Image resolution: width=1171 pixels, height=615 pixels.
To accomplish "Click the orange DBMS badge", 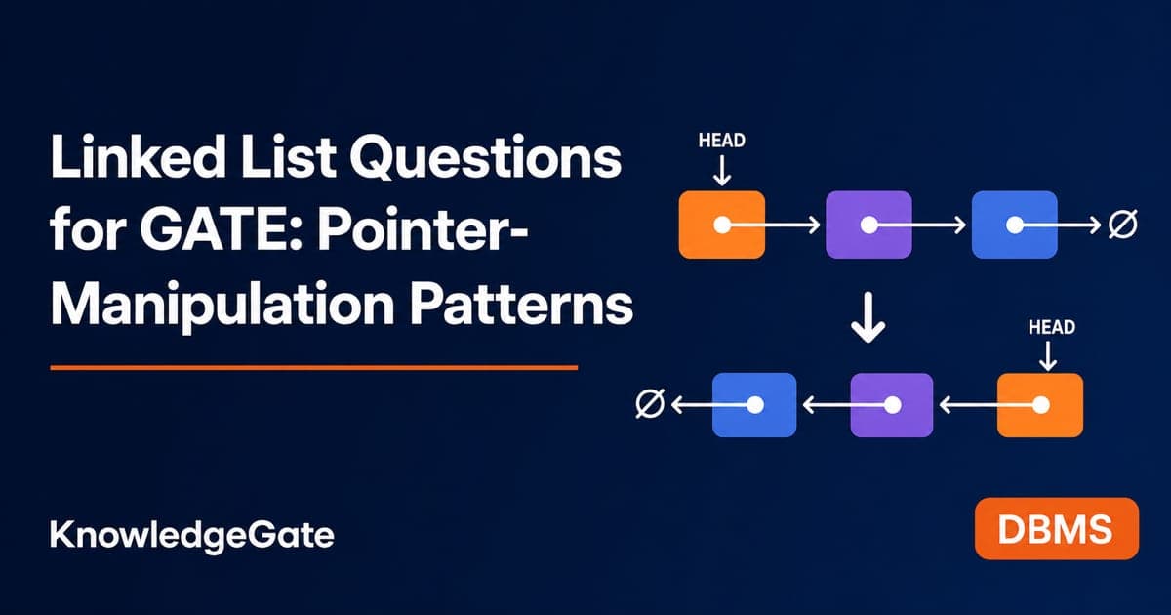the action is [x=1057, y=529].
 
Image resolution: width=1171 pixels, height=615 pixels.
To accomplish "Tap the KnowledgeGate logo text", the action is [x=192, y=536].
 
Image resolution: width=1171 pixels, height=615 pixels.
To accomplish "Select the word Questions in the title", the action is [x=486, y=158].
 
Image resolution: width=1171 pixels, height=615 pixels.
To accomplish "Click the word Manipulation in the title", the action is [x=222, y=305].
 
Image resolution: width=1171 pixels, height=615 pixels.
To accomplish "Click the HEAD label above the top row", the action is [x=722, y=141].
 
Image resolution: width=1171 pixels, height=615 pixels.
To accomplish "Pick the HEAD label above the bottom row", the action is [x=1052, y=327].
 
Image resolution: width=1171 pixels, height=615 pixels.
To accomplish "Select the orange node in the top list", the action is [x=722, y=225].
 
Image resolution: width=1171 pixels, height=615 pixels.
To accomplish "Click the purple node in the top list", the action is [x=868, y=225].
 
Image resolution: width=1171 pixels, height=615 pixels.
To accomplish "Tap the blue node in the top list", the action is [x=1015, y=225].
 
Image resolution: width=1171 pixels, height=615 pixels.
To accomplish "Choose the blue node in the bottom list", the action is [x=754, y=405].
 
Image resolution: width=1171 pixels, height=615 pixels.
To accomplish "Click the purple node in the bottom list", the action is [x=892, y=405].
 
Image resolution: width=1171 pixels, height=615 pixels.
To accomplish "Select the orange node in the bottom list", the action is [x=1040, y=405].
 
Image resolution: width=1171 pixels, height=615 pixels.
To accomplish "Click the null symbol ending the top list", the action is [x=1123, y=225].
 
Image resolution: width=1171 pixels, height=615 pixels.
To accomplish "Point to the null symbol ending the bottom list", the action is [x=650, y=404].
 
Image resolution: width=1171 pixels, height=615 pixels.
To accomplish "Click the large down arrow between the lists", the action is [x=868, y=317].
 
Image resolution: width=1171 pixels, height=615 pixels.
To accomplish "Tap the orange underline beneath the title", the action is [x=313, y=368].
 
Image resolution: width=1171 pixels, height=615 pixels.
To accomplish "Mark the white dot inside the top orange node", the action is [x=722, y=225].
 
